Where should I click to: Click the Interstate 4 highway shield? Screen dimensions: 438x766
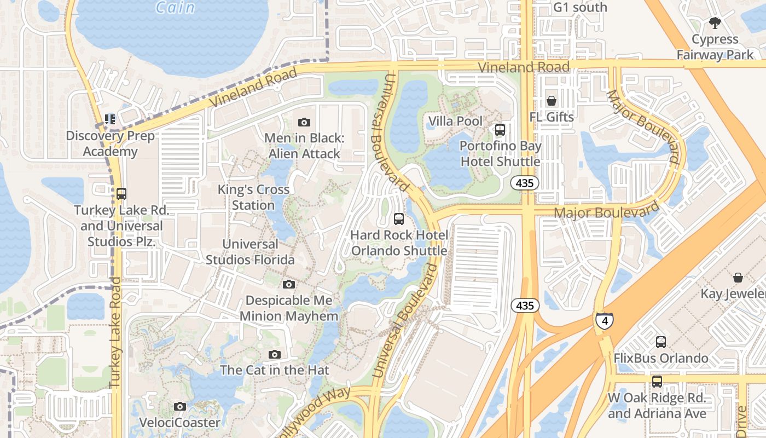tap(604, 321)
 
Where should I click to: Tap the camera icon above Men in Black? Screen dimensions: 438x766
tap(304, 122)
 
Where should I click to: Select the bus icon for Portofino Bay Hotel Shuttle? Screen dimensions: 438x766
tap(500, 130)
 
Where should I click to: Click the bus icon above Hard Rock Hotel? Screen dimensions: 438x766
tap(399, 219)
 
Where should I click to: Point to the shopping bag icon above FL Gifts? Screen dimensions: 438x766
tap(552, 101)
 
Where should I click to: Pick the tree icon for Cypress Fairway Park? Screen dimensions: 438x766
tap(715, 23)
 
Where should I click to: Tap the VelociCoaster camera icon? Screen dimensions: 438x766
tap(179, 406)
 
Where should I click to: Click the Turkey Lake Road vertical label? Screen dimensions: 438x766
tap(115, 333)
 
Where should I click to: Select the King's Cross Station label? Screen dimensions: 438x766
tap(253, 197)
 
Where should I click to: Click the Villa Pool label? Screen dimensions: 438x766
tap(455, 121)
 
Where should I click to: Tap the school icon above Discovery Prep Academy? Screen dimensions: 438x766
tap(110, 119)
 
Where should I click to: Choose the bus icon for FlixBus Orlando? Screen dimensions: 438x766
tap(661, 342)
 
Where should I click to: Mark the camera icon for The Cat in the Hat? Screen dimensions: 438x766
tap(275, 355)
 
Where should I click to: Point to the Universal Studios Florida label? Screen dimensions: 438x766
tap(250, 252)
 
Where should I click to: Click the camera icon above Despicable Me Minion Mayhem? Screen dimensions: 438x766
tap(289, 285)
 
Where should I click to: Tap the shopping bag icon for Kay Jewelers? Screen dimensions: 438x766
tap(738, 278)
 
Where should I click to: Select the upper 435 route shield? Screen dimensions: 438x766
tap(525, 183)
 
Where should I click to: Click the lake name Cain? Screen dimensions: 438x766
tap(175, 8)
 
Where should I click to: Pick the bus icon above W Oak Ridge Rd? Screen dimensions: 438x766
tap(657, 382)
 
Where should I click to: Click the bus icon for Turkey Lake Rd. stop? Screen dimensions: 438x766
tap(121, 194)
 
